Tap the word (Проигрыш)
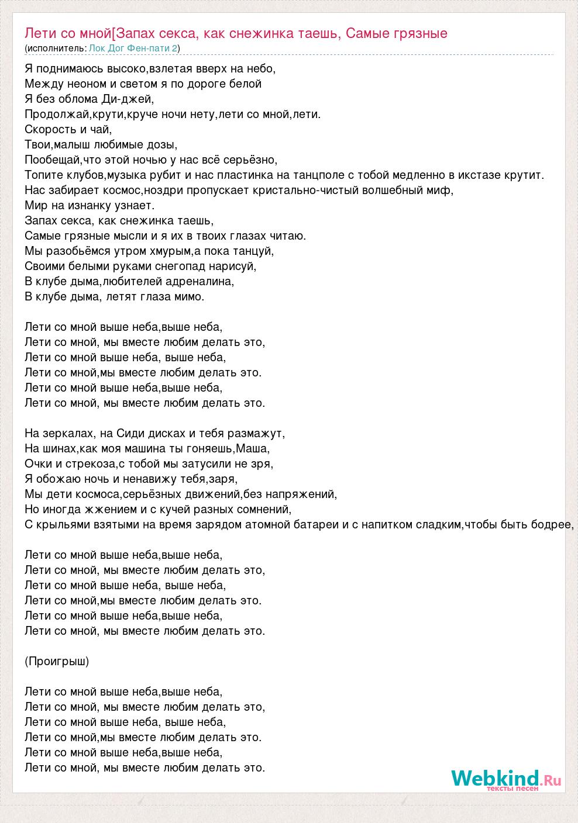click(57, 662)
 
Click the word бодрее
click(549, 525)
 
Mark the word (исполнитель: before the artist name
click(57, 49)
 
